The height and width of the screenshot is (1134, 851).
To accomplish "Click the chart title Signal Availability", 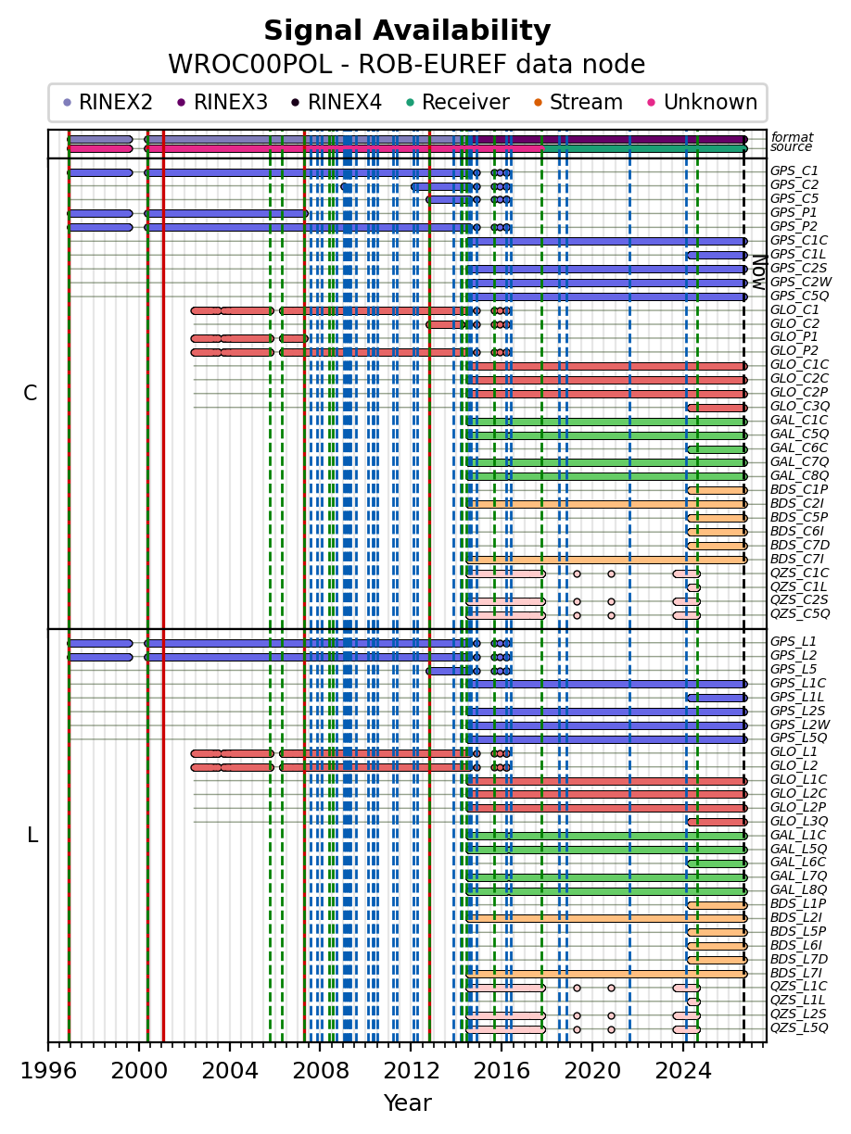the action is pyautogui.click(x=407, y=31).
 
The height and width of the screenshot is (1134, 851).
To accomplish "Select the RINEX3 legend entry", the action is pyautogui.click(x=222, y=102).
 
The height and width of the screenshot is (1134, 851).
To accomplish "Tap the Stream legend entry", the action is pyautogui.click(x=578, y=102).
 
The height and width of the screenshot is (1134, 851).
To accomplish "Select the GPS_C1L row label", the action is pyautogui.click(x=797, y=254).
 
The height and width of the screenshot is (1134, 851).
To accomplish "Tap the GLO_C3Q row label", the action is pyautogui.click(x=799, y=406).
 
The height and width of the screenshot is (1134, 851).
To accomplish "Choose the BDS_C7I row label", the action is pyautogui.click(x=796, y=559).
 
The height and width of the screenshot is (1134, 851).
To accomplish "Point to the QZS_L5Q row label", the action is pyautogui.click(x=799, y=1027).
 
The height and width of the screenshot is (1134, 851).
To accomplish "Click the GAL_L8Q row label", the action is pyautogui.click(x=798, y=889).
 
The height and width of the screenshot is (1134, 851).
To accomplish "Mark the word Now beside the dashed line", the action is pyautogui.click(x=758, y=272).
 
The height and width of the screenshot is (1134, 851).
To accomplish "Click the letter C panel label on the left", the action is pyautogui.click(x=31, y=393).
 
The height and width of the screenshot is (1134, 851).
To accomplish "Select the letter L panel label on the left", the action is pyautogui.click(x=32, y=835).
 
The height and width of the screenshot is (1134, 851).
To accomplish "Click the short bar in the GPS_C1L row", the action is pyautogui.click(x=717, y=255).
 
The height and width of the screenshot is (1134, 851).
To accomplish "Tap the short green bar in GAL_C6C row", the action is pyautogui.click(x=717, y=449).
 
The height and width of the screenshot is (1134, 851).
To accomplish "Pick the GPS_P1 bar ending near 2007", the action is pyautogui.click(x=226, y=213).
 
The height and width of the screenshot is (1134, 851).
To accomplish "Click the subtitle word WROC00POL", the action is pyautogui.click(x=249, y=65).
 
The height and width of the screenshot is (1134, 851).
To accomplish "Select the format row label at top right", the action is pyautogui.click(x=792, y=137).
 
